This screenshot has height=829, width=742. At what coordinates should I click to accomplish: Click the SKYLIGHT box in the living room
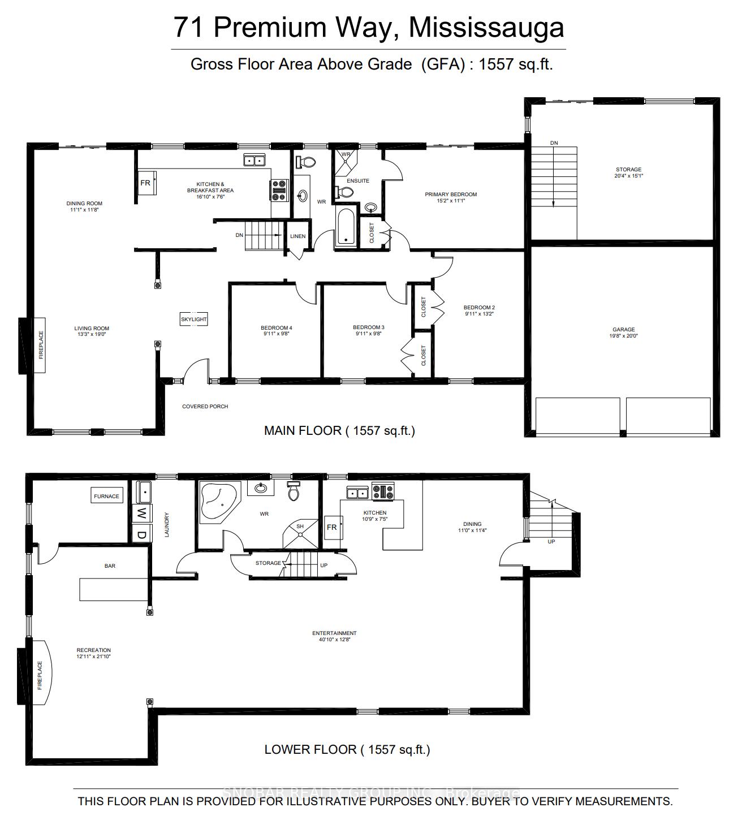[194, 319]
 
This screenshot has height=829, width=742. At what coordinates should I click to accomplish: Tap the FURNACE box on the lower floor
[106, 496]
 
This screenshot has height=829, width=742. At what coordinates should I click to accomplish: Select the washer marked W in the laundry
[141, 514]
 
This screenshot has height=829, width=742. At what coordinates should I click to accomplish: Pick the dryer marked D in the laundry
[141, 534]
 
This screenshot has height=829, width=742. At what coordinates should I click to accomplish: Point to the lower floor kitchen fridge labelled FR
[332, 527]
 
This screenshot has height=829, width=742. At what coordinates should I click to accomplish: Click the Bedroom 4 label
[276, 328]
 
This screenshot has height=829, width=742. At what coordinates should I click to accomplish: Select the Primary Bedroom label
[451, 195]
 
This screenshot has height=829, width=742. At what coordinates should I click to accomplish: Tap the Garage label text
[623, 329]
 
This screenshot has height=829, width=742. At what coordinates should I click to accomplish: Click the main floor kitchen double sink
[255, 161]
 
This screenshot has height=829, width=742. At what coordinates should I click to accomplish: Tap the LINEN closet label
[297, 236]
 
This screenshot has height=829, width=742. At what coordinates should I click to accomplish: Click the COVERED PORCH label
[205, 407]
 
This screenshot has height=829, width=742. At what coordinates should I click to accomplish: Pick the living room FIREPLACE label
[41, 345]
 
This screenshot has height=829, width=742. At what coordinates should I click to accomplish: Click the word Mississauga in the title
[486, 27]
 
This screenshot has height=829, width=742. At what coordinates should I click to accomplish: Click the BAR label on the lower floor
[110, 565]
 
